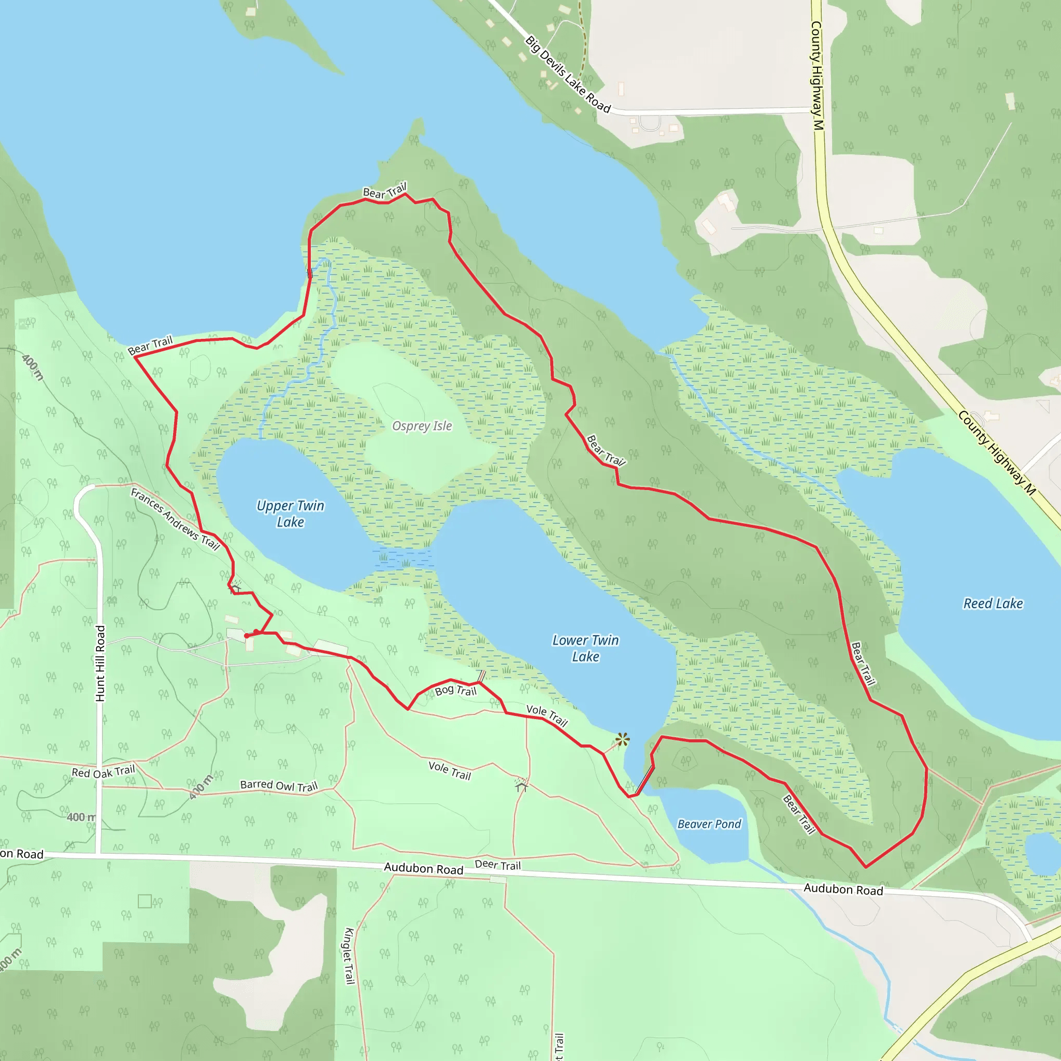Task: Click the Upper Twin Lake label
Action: click(x=290, y=513)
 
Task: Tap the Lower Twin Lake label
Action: click(x=585, y=648)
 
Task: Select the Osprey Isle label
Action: click(x=422, y=426)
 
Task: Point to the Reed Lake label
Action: click(x=993, y=604)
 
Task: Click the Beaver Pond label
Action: click(x=709, y=824)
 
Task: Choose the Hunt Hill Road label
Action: click(x=100, y=664)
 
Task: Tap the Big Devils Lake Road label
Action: click(x=567, y=74)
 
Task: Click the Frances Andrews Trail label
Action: click(x=175, y=519)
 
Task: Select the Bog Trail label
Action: click(x=455, y=690)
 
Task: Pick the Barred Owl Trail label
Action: click(x=279, y=786)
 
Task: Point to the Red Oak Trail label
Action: click(x=103, y=772)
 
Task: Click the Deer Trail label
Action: click(x=497, y=865)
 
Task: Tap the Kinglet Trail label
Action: click(x=349, y=955)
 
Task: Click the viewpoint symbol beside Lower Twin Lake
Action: click(x=622, y=740)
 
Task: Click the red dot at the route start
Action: click(x=247, y=636)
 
